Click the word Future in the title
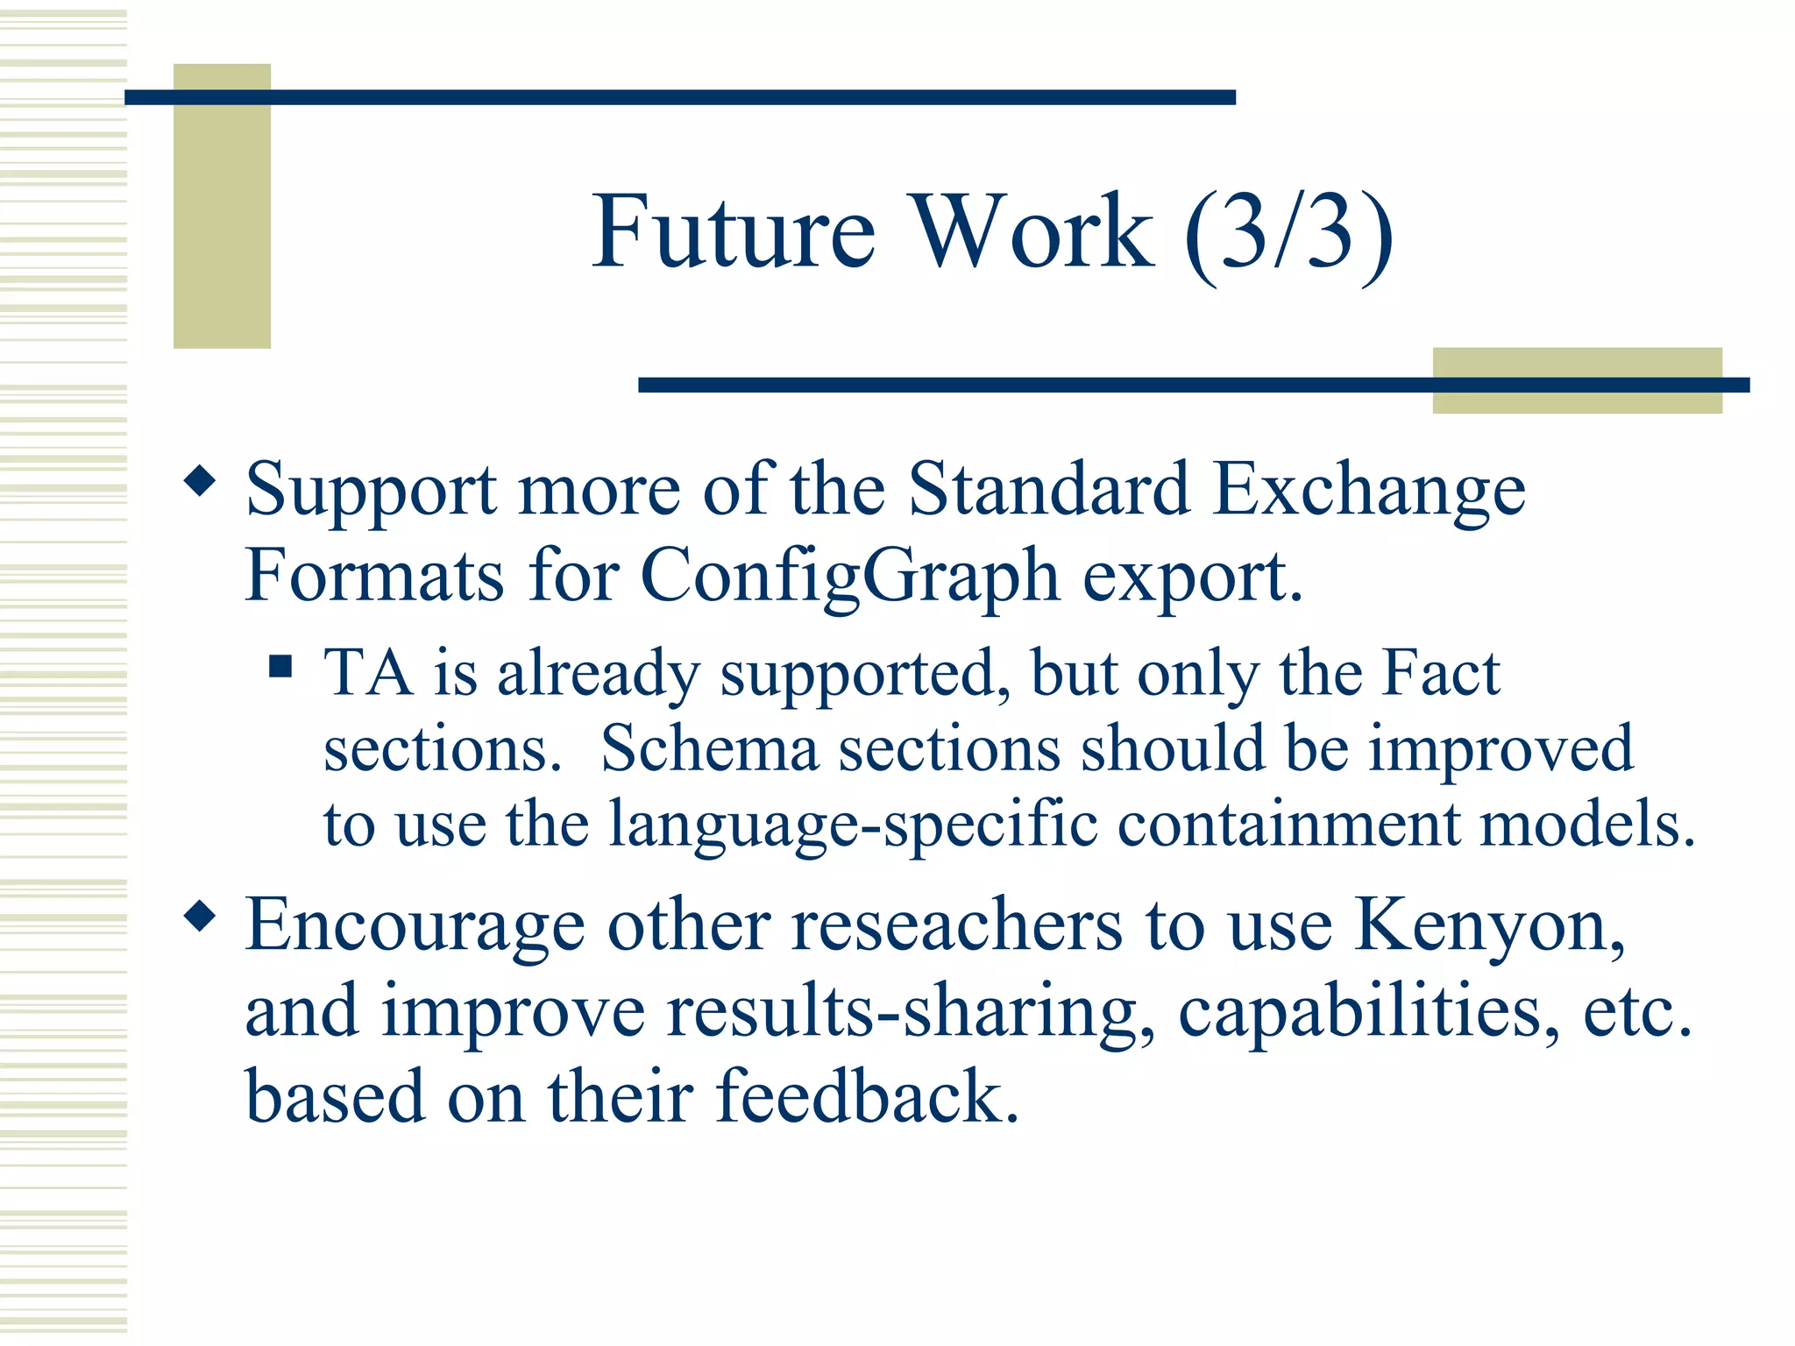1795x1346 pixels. point(734,232)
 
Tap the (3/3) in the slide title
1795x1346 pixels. point(1288,235)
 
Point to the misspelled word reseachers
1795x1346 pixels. point(956,926)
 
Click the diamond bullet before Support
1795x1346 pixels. point(201,481)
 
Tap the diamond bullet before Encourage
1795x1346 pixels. point(201,917)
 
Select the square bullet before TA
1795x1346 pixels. point(280,668)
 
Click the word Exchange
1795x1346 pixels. point(1370,491)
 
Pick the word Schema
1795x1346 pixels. point(708,749)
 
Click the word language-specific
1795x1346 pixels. point(853,825)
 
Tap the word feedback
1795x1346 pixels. point(868,1097)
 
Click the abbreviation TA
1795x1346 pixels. point(368,673)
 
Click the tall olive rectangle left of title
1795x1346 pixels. point(222,207)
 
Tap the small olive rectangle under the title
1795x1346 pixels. point(1577,380)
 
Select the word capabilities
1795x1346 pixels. point(1367,1012)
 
